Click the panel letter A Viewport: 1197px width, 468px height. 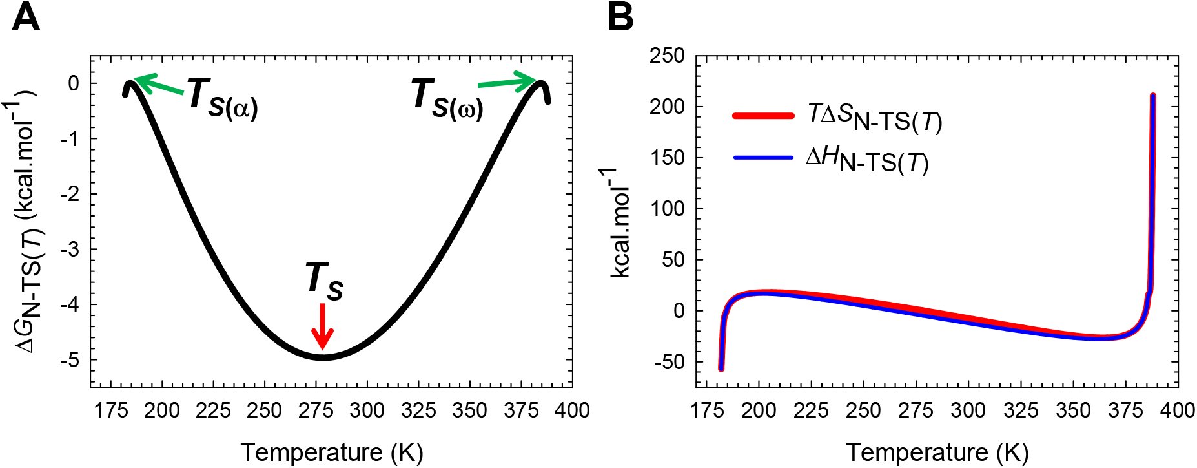point(26,17)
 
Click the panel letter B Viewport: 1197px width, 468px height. point(620,17)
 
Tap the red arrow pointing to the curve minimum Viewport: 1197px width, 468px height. point(322,326)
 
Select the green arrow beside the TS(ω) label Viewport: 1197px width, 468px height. point(507,83)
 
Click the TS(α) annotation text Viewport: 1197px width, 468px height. point(223,98)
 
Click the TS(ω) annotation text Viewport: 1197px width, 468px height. point(447,98)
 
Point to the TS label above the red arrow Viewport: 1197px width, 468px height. point(323,282)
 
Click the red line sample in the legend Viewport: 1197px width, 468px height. point(763,116)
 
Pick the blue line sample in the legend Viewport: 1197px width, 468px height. point(763,158)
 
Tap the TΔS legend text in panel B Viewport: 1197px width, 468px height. point(875,118)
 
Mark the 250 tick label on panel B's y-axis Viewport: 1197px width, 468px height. point(668,56)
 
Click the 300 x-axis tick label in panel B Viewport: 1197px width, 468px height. point(969,410)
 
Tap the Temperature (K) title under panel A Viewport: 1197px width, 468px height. point(332,452)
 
